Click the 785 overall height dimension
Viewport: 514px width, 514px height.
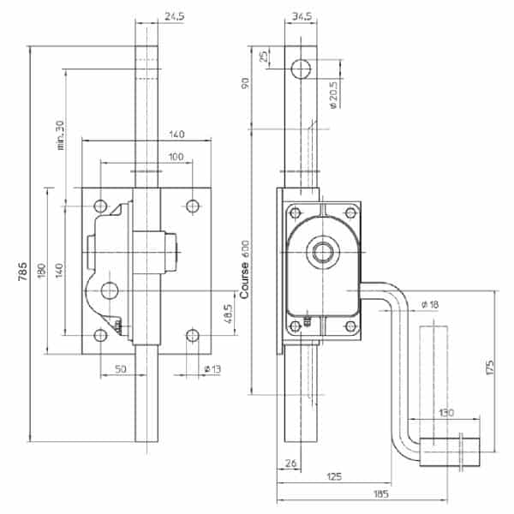pos(22,271)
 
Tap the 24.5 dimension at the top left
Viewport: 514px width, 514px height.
pos(175,16)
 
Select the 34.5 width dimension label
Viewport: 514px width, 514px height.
pos(302,16)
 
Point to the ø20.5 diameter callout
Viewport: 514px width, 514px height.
pos(332,95)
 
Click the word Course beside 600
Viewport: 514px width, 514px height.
pos(244,280)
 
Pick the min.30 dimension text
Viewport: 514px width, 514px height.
pos(60,135)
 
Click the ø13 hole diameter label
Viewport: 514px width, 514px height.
pos(212,369)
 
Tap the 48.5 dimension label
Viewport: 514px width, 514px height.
pos(228,314)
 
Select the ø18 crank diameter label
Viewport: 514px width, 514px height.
pos(430,304)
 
